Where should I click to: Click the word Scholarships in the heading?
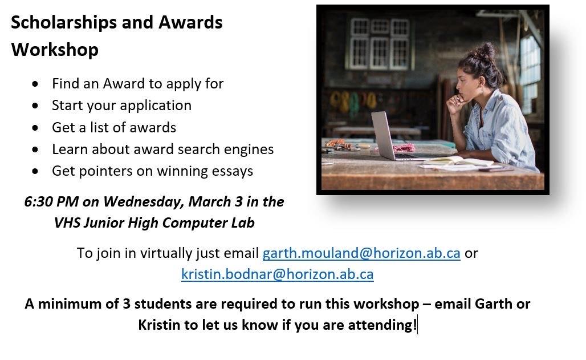(x=63, y=23)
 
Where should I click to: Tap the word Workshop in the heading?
(x=55, y=50)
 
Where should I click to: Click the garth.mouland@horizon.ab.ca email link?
(x=361, y=253)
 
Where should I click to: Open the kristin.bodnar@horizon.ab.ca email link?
(x=277, y=274)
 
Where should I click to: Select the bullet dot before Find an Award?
(x=35, y=84)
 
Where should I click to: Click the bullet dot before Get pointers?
(x=35, y=172)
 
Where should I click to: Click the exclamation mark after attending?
(x=415, y=325)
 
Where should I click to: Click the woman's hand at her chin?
(x=455, y=103)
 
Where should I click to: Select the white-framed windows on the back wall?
(x=379, y=44)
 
